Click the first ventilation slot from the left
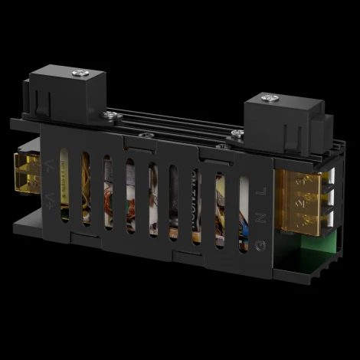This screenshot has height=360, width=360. (x=65, y=185)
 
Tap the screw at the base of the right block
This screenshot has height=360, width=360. (x=238, y=133)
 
